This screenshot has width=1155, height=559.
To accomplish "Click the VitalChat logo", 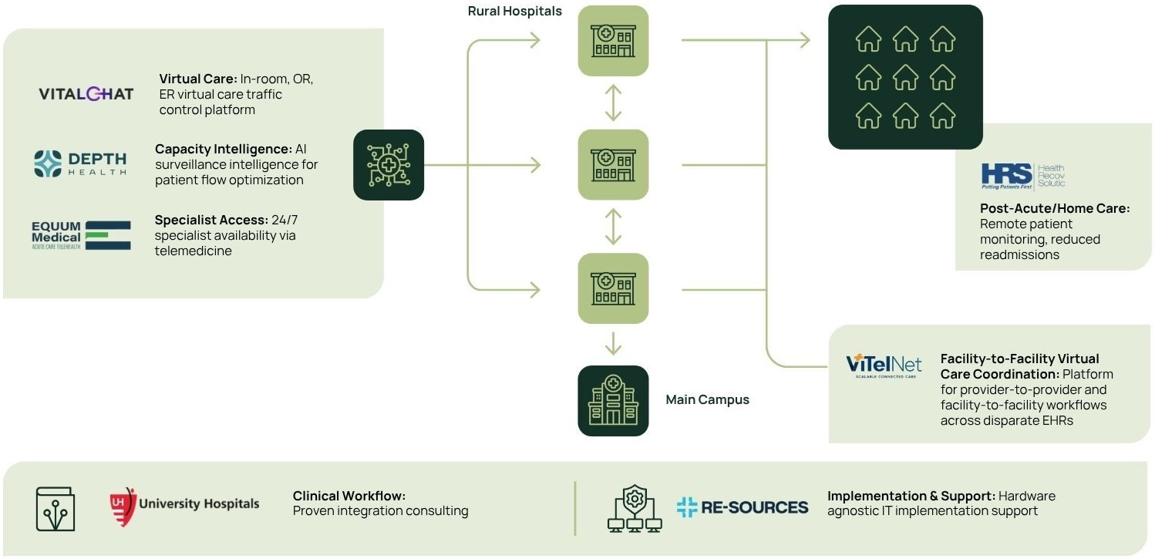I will (x=86, y=94).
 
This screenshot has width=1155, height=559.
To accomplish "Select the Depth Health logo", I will (x=79, y=163).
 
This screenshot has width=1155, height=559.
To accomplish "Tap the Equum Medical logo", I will (x=81, y=236).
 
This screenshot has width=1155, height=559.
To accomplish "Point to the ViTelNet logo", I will (x=884, y=365).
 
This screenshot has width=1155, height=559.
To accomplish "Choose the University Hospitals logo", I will (x=184, y=503).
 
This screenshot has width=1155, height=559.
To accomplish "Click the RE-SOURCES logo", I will (x=742, y=507).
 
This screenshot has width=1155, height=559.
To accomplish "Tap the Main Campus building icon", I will (x=613, y=401).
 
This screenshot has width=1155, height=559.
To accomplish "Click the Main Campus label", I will (x=707, y=399).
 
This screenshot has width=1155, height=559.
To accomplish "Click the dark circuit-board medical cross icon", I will (x=389, y=165).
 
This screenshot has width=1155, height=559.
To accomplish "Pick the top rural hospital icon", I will (x=613, y=40).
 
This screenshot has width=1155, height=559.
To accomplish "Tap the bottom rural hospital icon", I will (x=613, y=289).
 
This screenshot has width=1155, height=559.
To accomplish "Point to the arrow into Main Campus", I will (x=613, y=344).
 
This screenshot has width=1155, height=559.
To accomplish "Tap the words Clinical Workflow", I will (x=349, y=496).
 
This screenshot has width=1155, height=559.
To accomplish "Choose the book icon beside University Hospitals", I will (x=56, y=508).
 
